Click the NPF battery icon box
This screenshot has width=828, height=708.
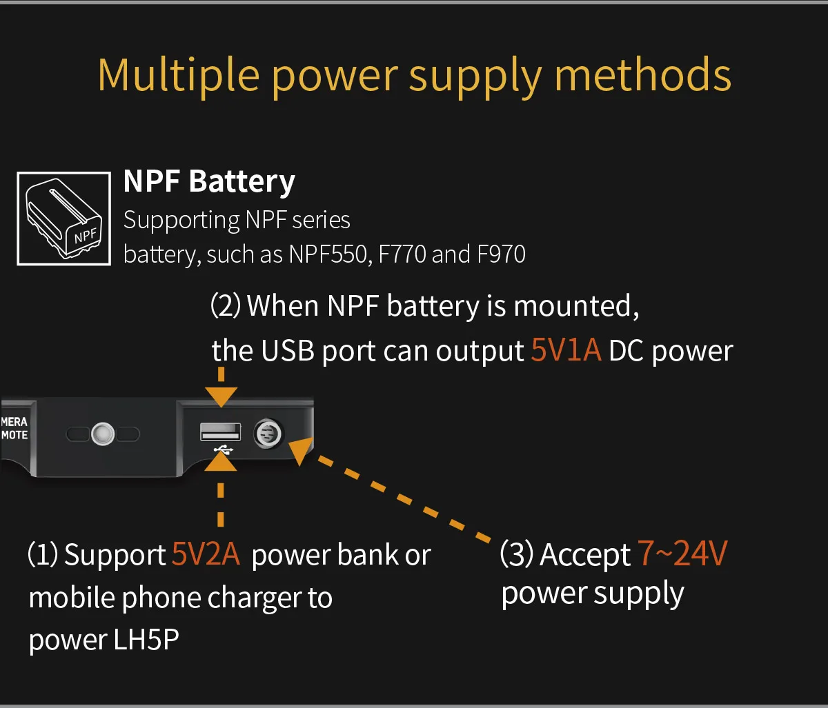(x=63, y=219)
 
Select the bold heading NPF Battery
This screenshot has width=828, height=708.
(x=209, y=181)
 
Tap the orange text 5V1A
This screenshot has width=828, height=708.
(x=566, y=351)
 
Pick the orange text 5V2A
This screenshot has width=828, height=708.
(x=206, y=555)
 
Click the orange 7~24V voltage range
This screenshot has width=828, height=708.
(x=682, y=554)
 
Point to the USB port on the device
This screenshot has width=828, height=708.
(x=221, y=432)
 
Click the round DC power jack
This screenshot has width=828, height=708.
(x=267, y=434)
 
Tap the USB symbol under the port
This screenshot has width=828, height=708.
(x=224, y=449)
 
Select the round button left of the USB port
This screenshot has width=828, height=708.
(x=103, y=434)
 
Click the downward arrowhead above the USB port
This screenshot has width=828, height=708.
(x=221, y=396)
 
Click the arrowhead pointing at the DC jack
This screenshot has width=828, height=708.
(x=299, y=452)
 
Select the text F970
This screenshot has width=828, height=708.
(x=501, y=254)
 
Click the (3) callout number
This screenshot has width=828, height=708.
(x=516, y=555)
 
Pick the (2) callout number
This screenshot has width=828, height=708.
(x=226, y=305)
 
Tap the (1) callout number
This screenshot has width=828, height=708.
(x=43, y=555)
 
